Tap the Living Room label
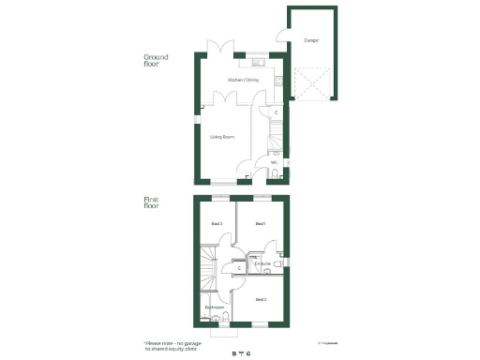[x=221, y=138]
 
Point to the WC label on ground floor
[x=274, y=163]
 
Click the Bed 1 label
[x=261, y=224]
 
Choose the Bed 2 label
[x=261, y=299]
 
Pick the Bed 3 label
[x=216, y=224]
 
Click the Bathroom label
[x=215, y=307]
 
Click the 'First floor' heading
[x=152, y=202]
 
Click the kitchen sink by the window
[x=257, y=63]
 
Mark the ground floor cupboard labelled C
[x=276, y=113]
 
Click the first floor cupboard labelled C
[x=240, y=268]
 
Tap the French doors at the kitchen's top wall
[x=217, y=47]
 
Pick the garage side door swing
[x=281, y=38]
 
